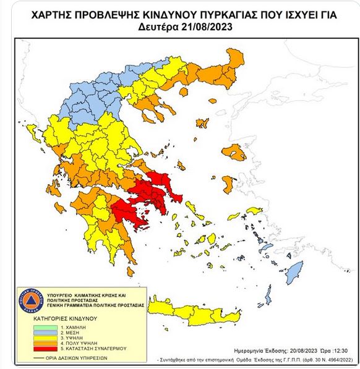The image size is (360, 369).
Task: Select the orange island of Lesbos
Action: pyautogui.click(x=235, y=151)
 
